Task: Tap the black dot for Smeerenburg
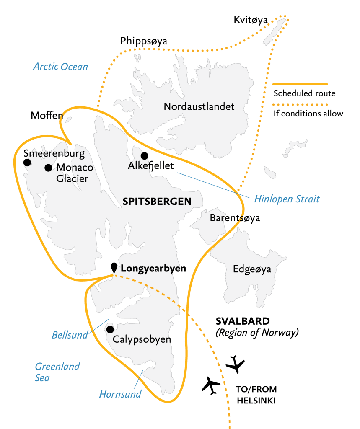coord(27,163)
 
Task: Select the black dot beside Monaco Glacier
coord(48,168)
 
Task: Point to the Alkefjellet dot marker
coord(144,156)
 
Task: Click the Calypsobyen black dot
coord(110,329)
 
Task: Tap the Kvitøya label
coord(251,20)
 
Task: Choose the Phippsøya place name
coord(144,41)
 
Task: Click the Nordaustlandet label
coord(199,106)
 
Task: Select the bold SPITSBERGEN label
coord(157,202)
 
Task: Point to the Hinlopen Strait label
coord(287,199)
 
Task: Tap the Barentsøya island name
coord(235,218)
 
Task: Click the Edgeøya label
coord(252,269)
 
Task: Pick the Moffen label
coord(47,116)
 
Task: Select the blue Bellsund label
coord(70,335)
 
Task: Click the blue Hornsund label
coord(120,394)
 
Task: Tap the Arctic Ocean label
coord(61,66)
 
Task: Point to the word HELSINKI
coord(256,401)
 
